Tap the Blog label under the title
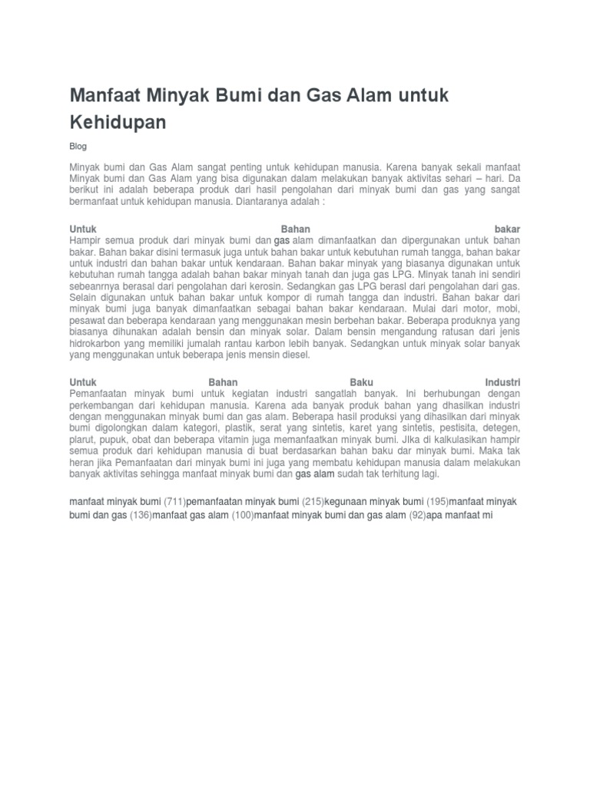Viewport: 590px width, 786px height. pyautogui.click(x=78, y=147)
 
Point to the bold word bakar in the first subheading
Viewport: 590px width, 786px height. pyautogui.click(x=508, y=229)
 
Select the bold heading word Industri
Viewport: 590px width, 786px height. pyautogui.click(x=503, y=381)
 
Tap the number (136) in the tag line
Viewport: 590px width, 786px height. pyautogui.click(x=140, y=516)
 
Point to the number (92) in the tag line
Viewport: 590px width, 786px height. pyautogui.click(x=416, y=516)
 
